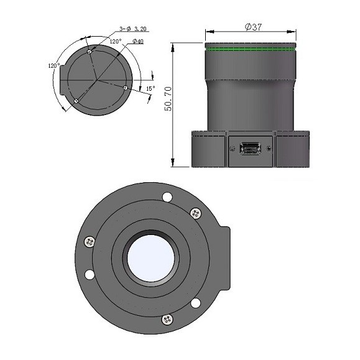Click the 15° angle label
(150, 89)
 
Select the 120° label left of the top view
(54, 65)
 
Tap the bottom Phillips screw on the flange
(166, 319)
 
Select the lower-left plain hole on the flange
(90, 274)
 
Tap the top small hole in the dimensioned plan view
(90, 52)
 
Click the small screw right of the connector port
(268, 148)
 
